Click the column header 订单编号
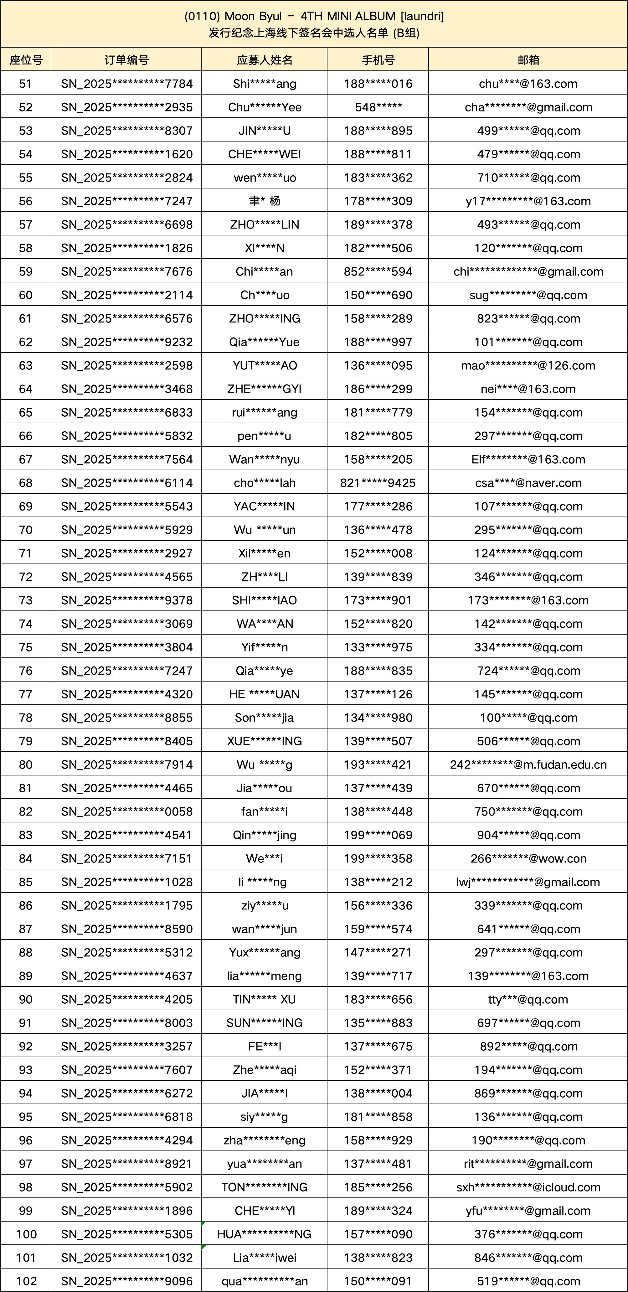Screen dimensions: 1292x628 tap(126, 60)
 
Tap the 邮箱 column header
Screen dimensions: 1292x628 tap(528, 60)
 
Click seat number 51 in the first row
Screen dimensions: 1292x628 tap(26, 84)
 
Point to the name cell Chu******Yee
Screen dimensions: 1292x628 tap(264, 107)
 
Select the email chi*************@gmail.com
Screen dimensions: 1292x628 tap(528, 272)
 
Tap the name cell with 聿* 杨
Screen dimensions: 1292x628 tap(264, 201)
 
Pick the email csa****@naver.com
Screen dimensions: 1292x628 tap(528, 483)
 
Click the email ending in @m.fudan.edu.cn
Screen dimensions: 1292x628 tap(528, 765)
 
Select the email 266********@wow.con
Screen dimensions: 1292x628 tap(528, 859)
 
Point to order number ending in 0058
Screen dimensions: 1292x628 tap(126, 811)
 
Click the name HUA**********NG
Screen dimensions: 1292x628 tap(264, 1234)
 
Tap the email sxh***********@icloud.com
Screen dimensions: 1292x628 tap(528, 1187)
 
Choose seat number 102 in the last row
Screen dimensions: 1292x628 tap(26, 1281)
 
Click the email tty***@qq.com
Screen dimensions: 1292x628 tap(528, 1000)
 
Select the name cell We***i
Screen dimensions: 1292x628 tap(264, 859)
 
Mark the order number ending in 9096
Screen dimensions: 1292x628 tap(126, 1281)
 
